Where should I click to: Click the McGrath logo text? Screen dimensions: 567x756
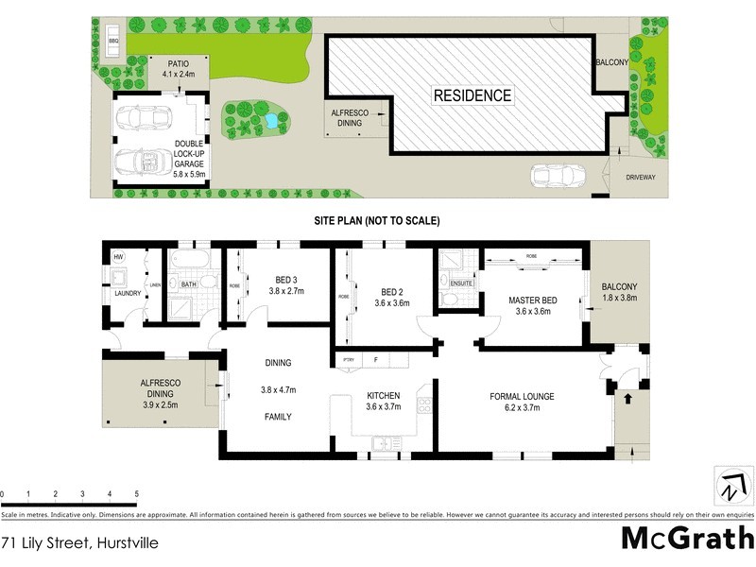[687, 538]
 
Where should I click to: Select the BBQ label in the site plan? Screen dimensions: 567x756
[113, 42]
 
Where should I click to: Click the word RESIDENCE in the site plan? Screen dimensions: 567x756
[472, 95]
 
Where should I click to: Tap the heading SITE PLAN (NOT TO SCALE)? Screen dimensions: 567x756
[377, 220]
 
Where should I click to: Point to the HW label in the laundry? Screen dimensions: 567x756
[119, 257]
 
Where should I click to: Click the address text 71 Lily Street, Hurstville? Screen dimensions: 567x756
[78, 543]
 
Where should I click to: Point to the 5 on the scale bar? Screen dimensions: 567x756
[137, 494]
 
